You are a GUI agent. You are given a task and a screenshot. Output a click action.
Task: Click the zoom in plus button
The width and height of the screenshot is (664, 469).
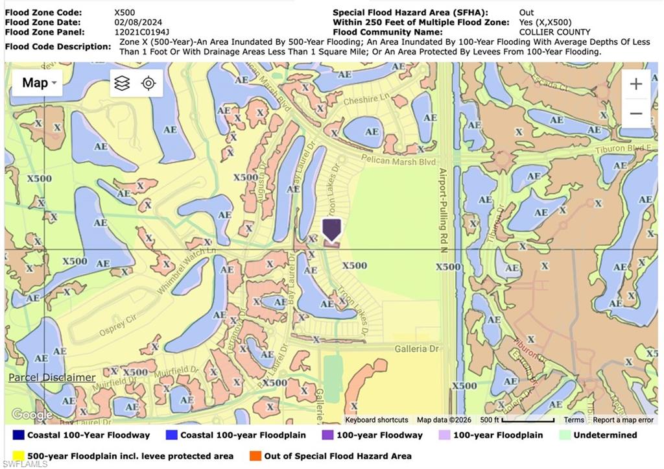(x=636, y=84)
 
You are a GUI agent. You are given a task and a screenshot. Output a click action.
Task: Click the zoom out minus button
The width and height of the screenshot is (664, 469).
(x=636, y=114)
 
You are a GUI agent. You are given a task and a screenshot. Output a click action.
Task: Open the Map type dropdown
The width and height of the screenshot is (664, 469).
(x=40, y=83)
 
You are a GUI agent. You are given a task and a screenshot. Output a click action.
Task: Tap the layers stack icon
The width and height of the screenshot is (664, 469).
(x=122, y=83)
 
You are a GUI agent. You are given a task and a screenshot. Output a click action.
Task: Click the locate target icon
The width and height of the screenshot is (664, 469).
(x=149, y=83)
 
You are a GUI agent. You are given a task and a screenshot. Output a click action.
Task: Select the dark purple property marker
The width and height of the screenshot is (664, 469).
(x=331, y=230)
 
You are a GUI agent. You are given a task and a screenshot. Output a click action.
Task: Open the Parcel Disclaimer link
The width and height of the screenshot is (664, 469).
(x=52, y=378)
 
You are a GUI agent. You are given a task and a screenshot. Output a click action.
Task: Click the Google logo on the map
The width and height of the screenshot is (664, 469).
(x=31, y=415)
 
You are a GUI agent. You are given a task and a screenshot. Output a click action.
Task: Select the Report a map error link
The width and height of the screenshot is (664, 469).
(x=623, y=420)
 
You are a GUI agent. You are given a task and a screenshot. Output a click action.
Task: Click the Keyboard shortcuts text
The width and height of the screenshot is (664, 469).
(x=377, y=420)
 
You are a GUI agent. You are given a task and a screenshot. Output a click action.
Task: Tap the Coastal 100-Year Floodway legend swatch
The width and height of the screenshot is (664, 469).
(x=18, y=435)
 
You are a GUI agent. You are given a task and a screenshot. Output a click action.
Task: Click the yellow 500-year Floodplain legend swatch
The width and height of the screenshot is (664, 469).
(x=18, y=456)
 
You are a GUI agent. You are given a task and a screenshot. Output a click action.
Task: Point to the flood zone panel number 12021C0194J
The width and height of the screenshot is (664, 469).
(x=141, y=32)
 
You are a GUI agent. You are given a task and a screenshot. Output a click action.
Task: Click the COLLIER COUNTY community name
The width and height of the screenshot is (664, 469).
(x=554, y=32)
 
